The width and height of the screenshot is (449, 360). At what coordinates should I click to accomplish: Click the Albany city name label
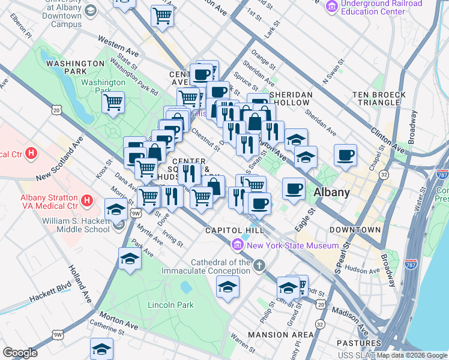[x=331, y=193]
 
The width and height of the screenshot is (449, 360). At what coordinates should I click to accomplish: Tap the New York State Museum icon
[x=237, y=245]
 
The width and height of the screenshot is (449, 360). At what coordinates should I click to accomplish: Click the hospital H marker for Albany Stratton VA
[x=87, y=200]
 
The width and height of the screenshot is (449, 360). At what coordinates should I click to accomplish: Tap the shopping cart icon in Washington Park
[x=113, y=103]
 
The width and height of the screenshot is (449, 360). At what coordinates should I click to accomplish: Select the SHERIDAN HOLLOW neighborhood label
[x=291, y=99]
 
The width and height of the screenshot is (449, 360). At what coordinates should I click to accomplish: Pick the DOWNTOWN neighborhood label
[x=355, y=230]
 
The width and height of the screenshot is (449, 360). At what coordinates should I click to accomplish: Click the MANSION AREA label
[x=281, y=334]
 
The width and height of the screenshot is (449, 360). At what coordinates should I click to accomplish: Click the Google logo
[x=20, y=353]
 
